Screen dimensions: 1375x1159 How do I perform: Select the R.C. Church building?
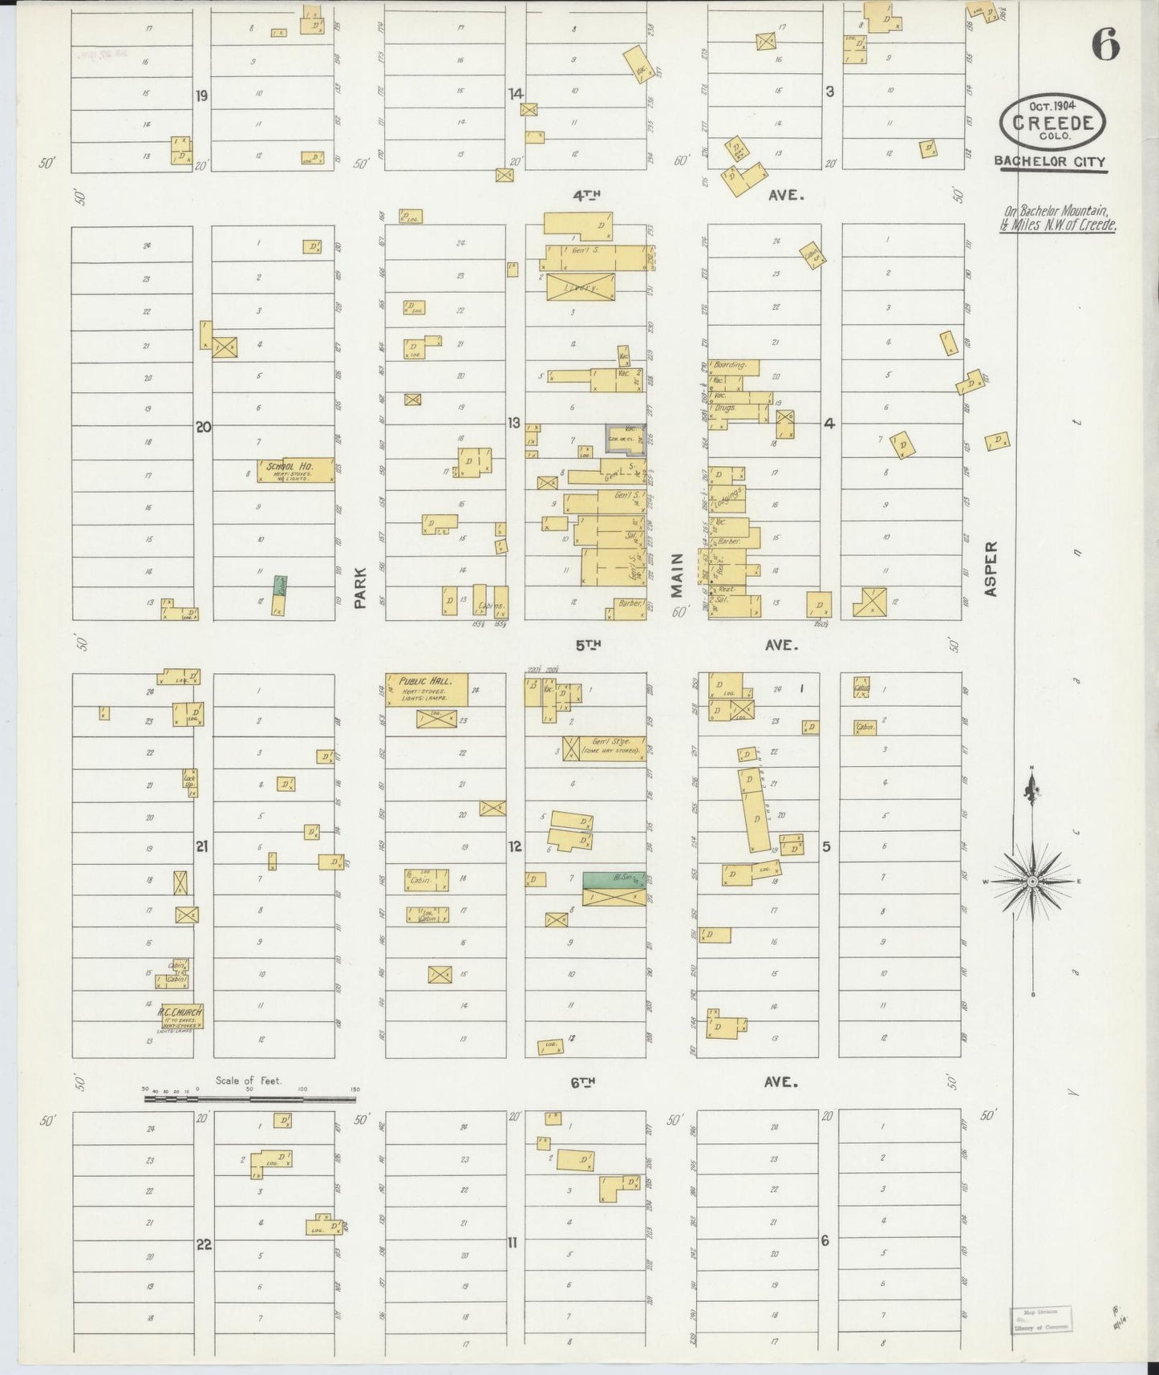point(180,1016)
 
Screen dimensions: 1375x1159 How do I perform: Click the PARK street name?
point(360,587)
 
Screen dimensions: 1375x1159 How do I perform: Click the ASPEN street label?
point(991,568)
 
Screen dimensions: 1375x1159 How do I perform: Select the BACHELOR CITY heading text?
point(1050,161)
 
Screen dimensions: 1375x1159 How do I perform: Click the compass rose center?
point(1033,882)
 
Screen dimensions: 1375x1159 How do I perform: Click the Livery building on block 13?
point(581,286)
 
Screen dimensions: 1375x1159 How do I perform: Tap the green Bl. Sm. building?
point(614,878)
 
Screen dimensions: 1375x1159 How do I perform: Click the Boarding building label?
point(730,365)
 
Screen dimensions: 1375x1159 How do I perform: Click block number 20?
point(203,427)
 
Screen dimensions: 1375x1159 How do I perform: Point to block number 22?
point(204,1244)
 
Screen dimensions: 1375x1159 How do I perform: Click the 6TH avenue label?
point(583,1082)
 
